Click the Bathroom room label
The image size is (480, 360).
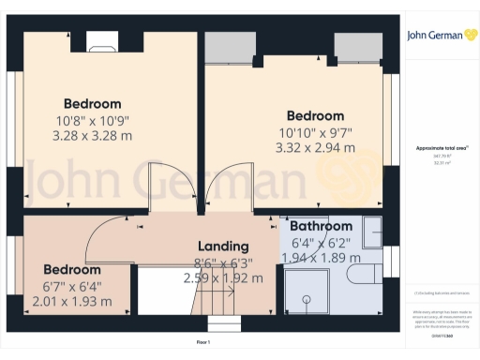point(321,227)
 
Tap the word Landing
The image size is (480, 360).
point(222,247)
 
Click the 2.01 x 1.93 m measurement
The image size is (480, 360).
point(71,301)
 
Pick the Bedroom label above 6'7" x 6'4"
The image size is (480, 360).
point(71,269)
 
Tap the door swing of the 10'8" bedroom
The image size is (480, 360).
point(169,184)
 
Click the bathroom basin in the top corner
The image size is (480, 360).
point(373,229)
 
